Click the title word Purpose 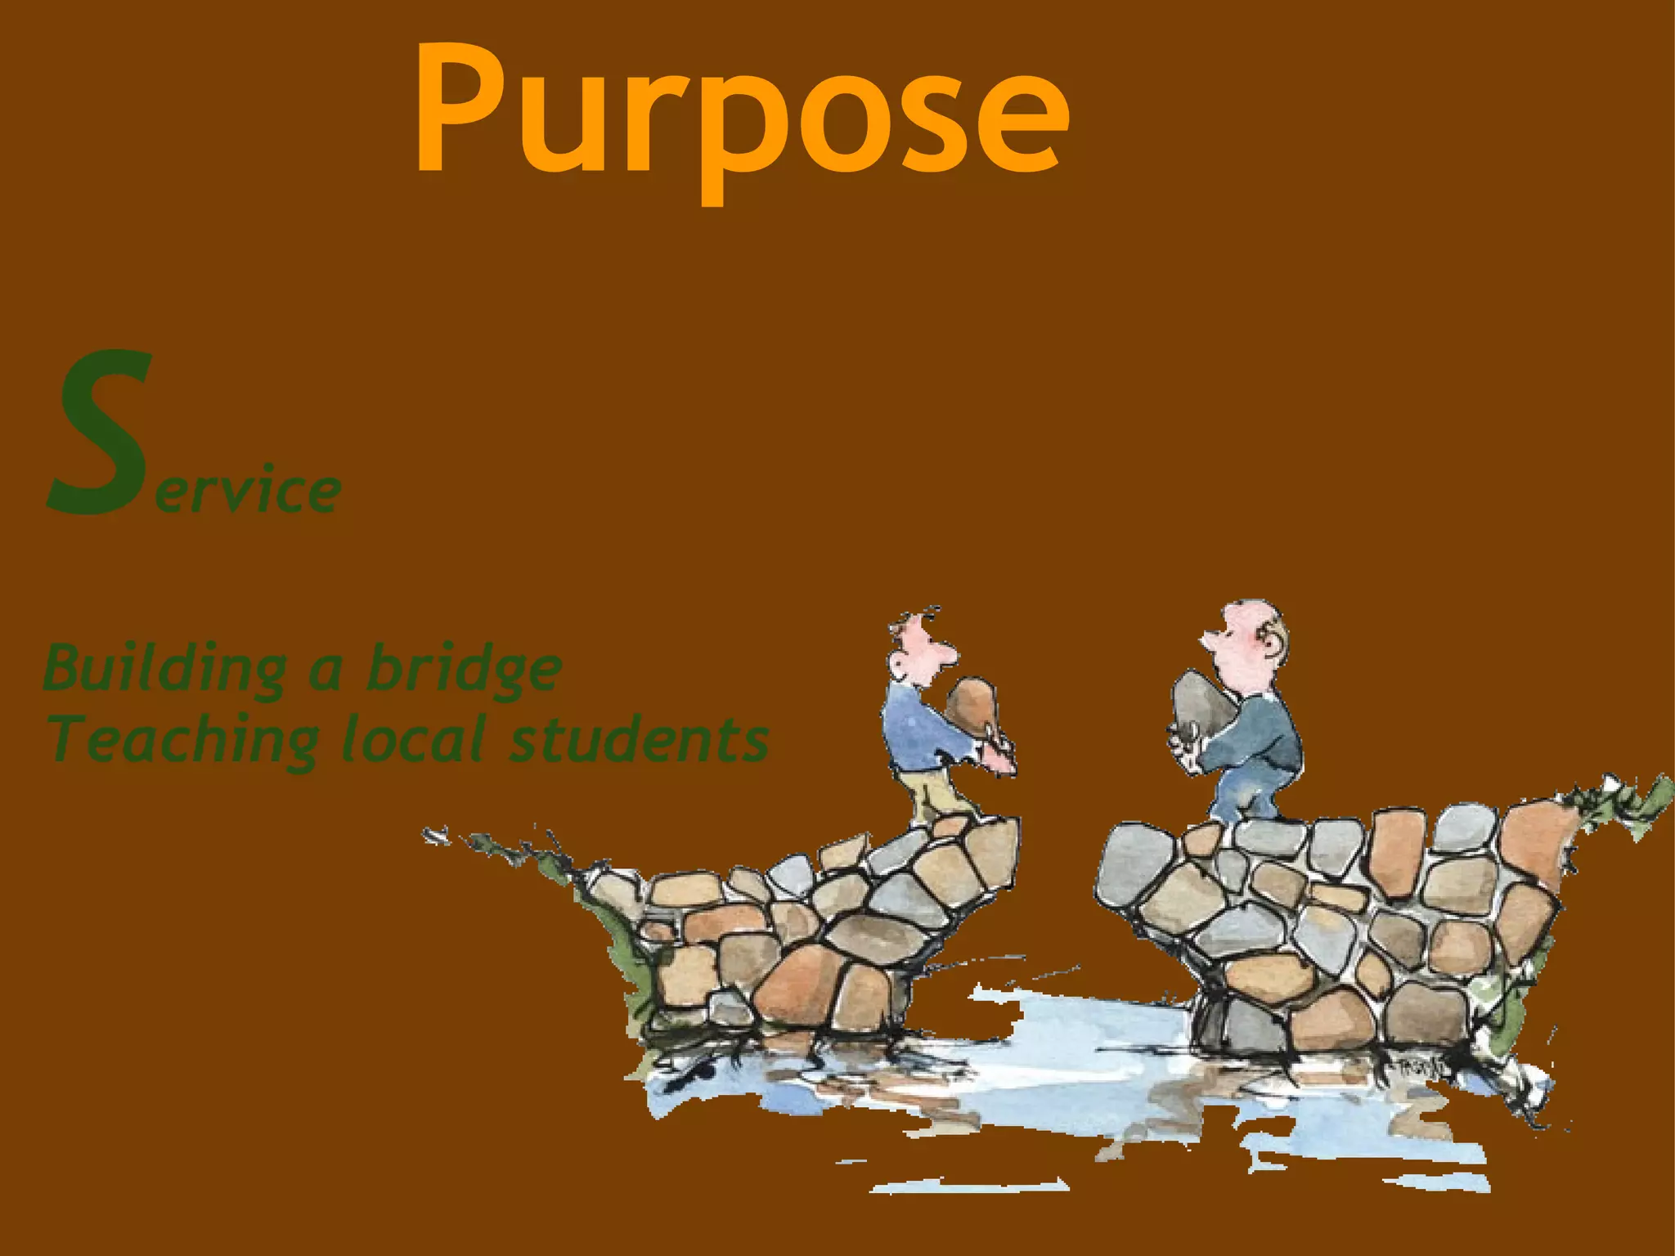740,110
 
